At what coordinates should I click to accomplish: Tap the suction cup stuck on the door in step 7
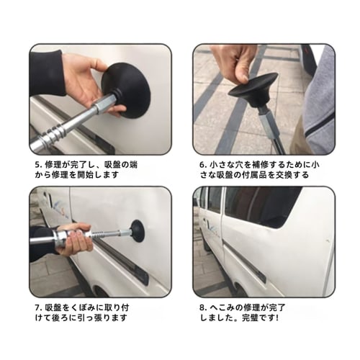click(x=136, y=232)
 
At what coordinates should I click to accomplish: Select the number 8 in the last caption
click(x=202, y=307)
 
